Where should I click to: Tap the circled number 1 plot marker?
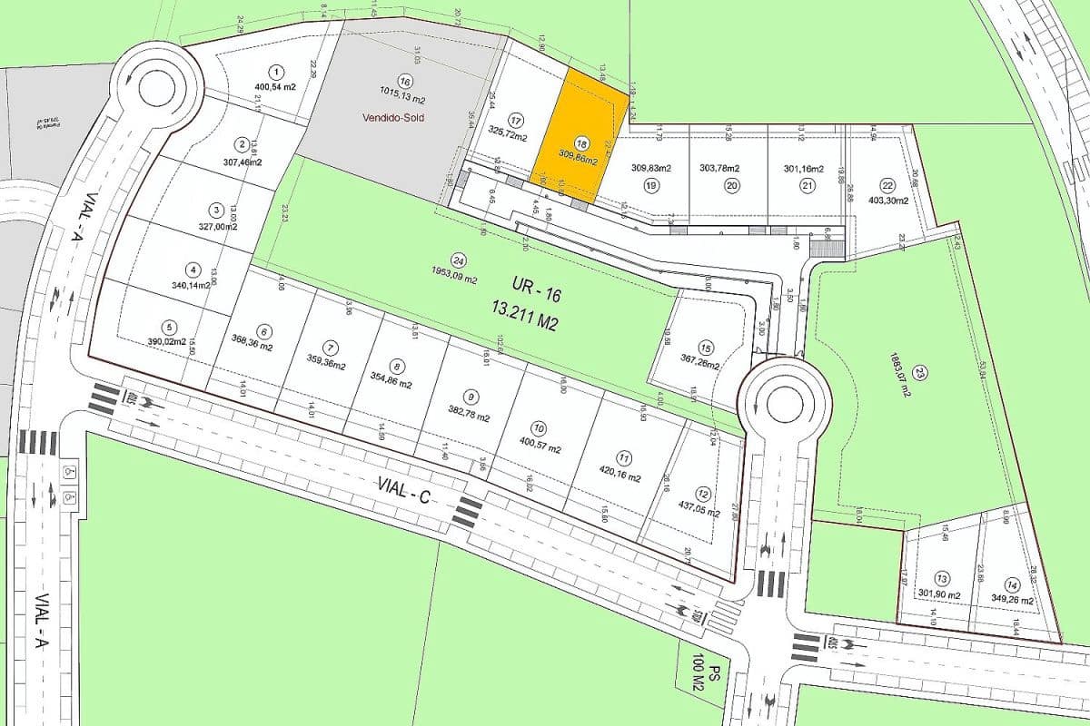click(x=276, y=72)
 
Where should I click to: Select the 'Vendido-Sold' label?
click(x=393, y=117)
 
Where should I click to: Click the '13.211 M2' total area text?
click(x=524, y=321)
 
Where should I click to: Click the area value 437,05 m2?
click(x=695, y=512)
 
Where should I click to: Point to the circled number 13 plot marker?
click(x=942, y=578)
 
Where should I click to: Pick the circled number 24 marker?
click(x=458, y=258)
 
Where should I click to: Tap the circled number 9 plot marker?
click(x=470, y=397)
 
